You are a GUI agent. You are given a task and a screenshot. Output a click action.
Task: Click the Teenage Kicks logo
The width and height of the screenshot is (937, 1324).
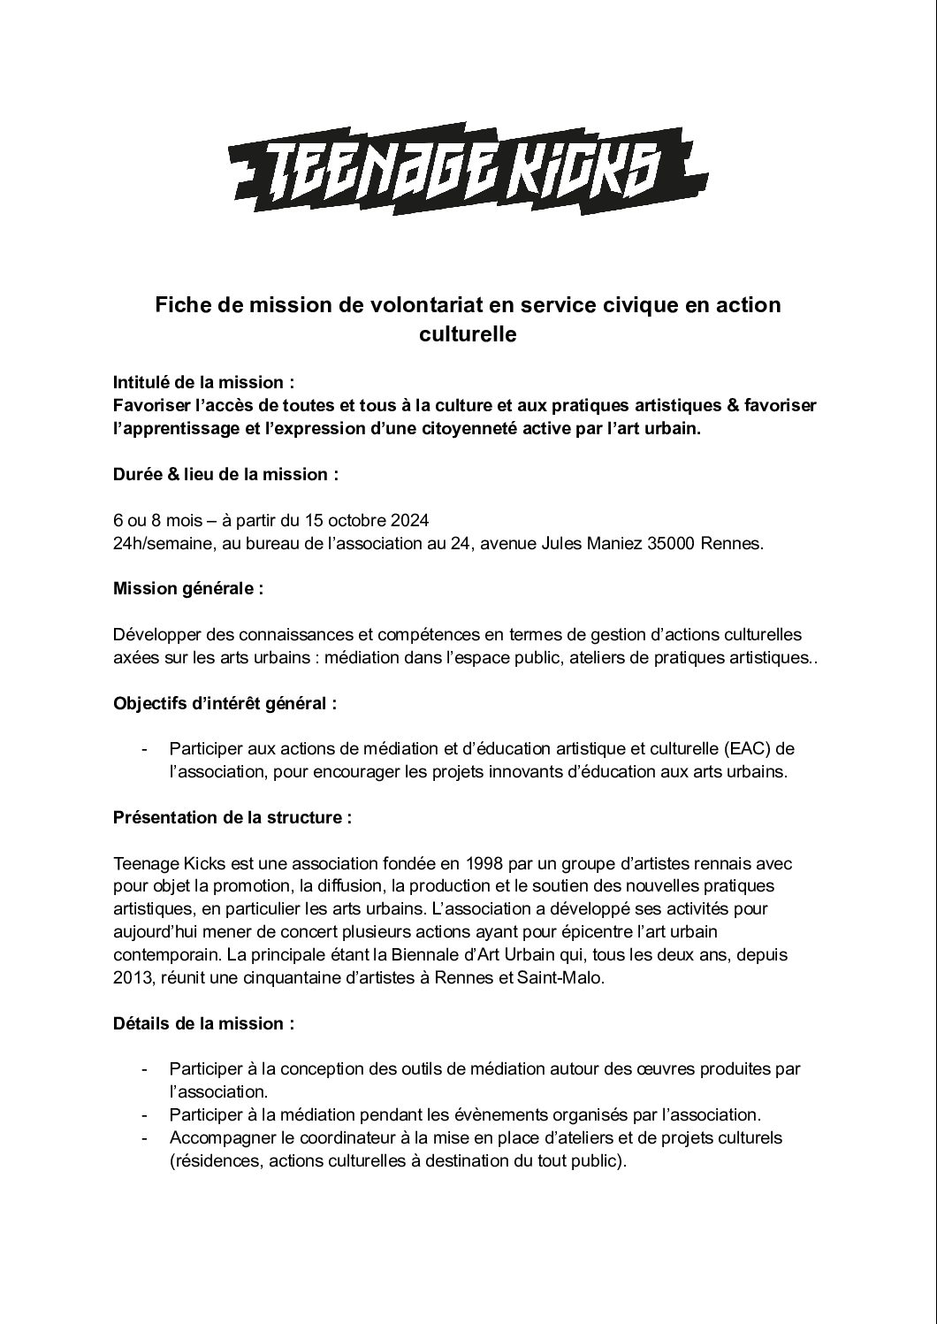[468, 168]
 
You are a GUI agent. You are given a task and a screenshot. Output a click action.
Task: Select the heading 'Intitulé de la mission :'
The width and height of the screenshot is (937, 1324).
[203, 382]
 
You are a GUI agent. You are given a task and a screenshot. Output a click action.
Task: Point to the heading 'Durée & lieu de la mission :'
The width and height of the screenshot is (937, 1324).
[225, 474]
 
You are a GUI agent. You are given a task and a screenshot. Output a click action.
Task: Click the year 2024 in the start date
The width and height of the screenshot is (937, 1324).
[410, 520]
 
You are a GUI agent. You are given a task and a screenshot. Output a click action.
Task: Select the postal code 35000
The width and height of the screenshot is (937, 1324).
[673, 543]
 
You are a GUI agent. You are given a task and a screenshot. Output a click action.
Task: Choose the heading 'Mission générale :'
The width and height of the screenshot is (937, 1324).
[187, 589]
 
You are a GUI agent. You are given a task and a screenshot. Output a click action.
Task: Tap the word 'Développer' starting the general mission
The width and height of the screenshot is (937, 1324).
[156, 635]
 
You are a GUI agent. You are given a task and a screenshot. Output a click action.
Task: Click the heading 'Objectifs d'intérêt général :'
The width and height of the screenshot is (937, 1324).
[225, 704]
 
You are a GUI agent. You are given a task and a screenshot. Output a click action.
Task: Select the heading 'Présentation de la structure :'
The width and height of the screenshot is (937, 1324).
[232, 817]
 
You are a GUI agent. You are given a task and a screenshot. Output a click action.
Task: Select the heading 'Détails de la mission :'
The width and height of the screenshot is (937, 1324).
[203, 1024]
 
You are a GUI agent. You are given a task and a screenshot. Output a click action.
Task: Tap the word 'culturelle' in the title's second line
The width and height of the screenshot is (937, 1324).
[468, 335]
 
